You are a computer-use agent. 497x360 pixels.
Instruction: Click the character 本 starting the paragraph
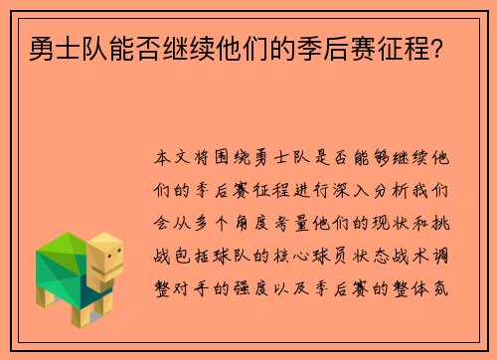point(164,159)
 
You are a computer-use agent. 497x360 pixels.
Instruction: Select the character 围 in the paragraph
point(228,159)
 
